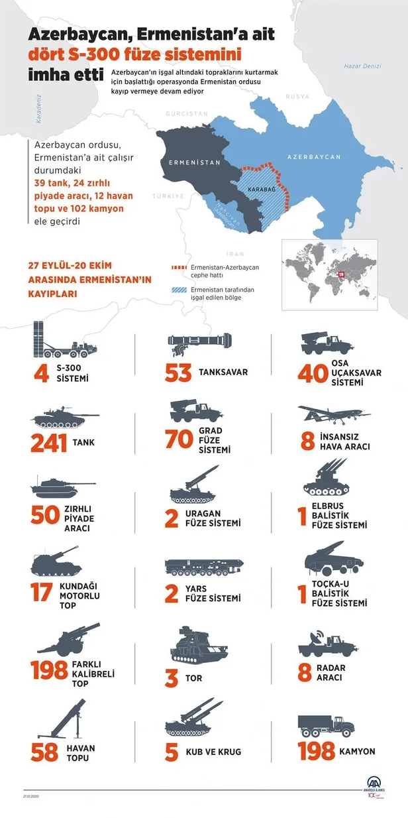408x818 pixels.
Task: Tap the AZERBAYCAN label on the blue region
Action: pos(313,157)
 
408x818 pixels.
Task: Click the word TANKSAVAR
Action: pos(223,373)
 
